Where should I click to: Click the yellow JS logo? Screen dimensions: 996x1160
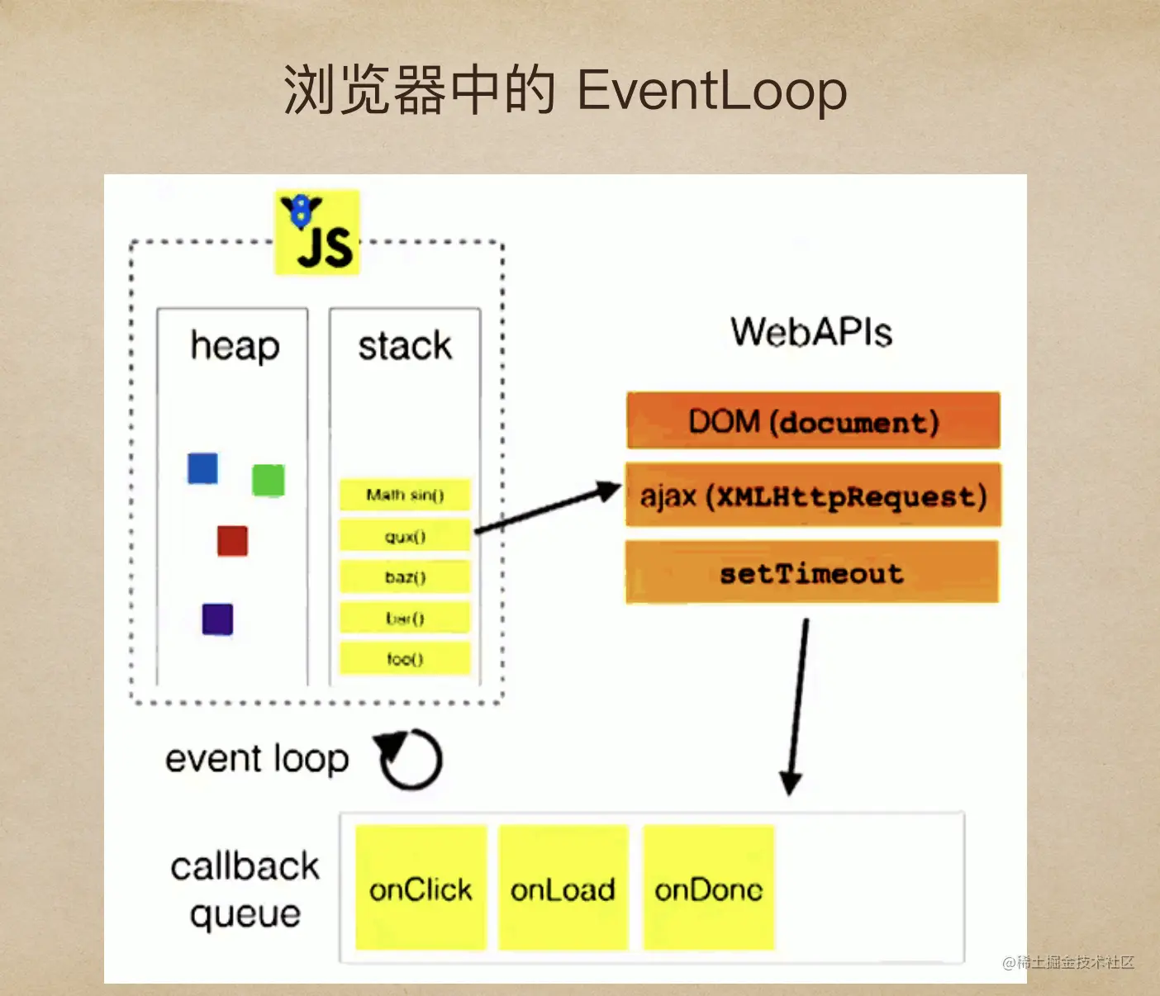pyautogui.click(x=317, y=233)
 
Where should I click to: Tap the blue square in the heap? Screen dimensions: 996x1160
pyautogui.click(x=202, y=468)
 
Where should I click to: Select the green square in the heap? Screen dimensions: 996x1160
pyautogui.click(x=268, y=480)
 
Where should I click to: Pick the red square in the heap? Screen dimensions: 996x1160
pyautogui.click(x=232, y=541)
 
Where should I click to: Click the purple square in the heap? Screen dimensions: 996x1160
pyautogui.click(x=217, y=619)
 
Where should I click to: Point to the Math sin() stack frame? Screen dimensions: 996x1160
pyautogui.click(x=405, y=495)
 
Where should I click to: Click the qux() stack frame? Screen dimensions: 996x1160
pyautogui.click(x=405, y=536)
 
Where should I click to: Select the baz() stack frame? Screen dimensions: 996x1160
pyautogui.click(x=405, y=576)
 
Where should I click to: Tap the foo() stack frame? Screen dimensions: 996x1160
pyautogui.click(x=405, y=658)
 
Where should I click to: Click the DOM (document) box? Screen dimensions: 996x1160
pyautogui.click(x=813, y=421)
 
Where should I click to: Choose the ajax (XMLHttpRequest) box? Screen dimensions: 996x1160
pyautogui.click(x=813, y=496)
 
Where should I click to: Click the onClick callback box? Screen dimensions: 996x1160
pyautogui.click(x=421, y=889)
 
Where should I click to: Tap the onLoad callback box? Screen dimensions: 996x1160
pyautogui.click(x=563, y=889)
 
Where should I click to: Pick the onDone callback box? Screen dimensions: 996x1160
pyautogui.click(x=708, y=889)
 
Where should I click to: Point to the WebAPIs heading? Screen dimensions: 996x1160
pyautogui.click(x=811, y=332)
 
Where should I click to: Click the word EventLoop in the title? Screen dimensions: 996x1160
pyautogui.click(x=711, y=90)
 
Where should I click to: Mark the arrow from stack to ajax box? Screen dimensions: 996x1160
pyautogui.click(x=547, y=509)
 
